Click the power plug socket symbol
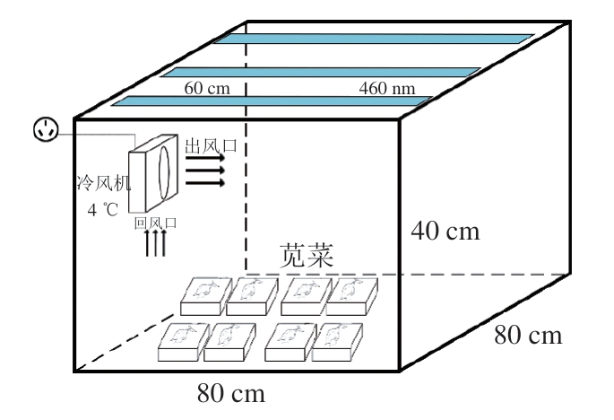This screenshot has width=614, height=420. pos(45,129)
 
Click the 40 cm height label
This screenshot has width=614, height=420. pos(445,232)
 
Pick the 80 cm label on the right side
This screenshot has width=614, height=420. pos(528,336)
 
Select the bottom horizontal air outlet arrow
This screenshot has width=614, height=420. pos(205,183)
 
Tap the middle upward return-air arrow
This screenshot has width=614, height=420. pos(154,242)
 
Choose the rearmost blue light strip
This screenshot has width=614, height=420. pos(374,42)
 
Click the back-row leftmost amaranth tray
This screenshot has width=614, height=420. pos(204,293)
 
